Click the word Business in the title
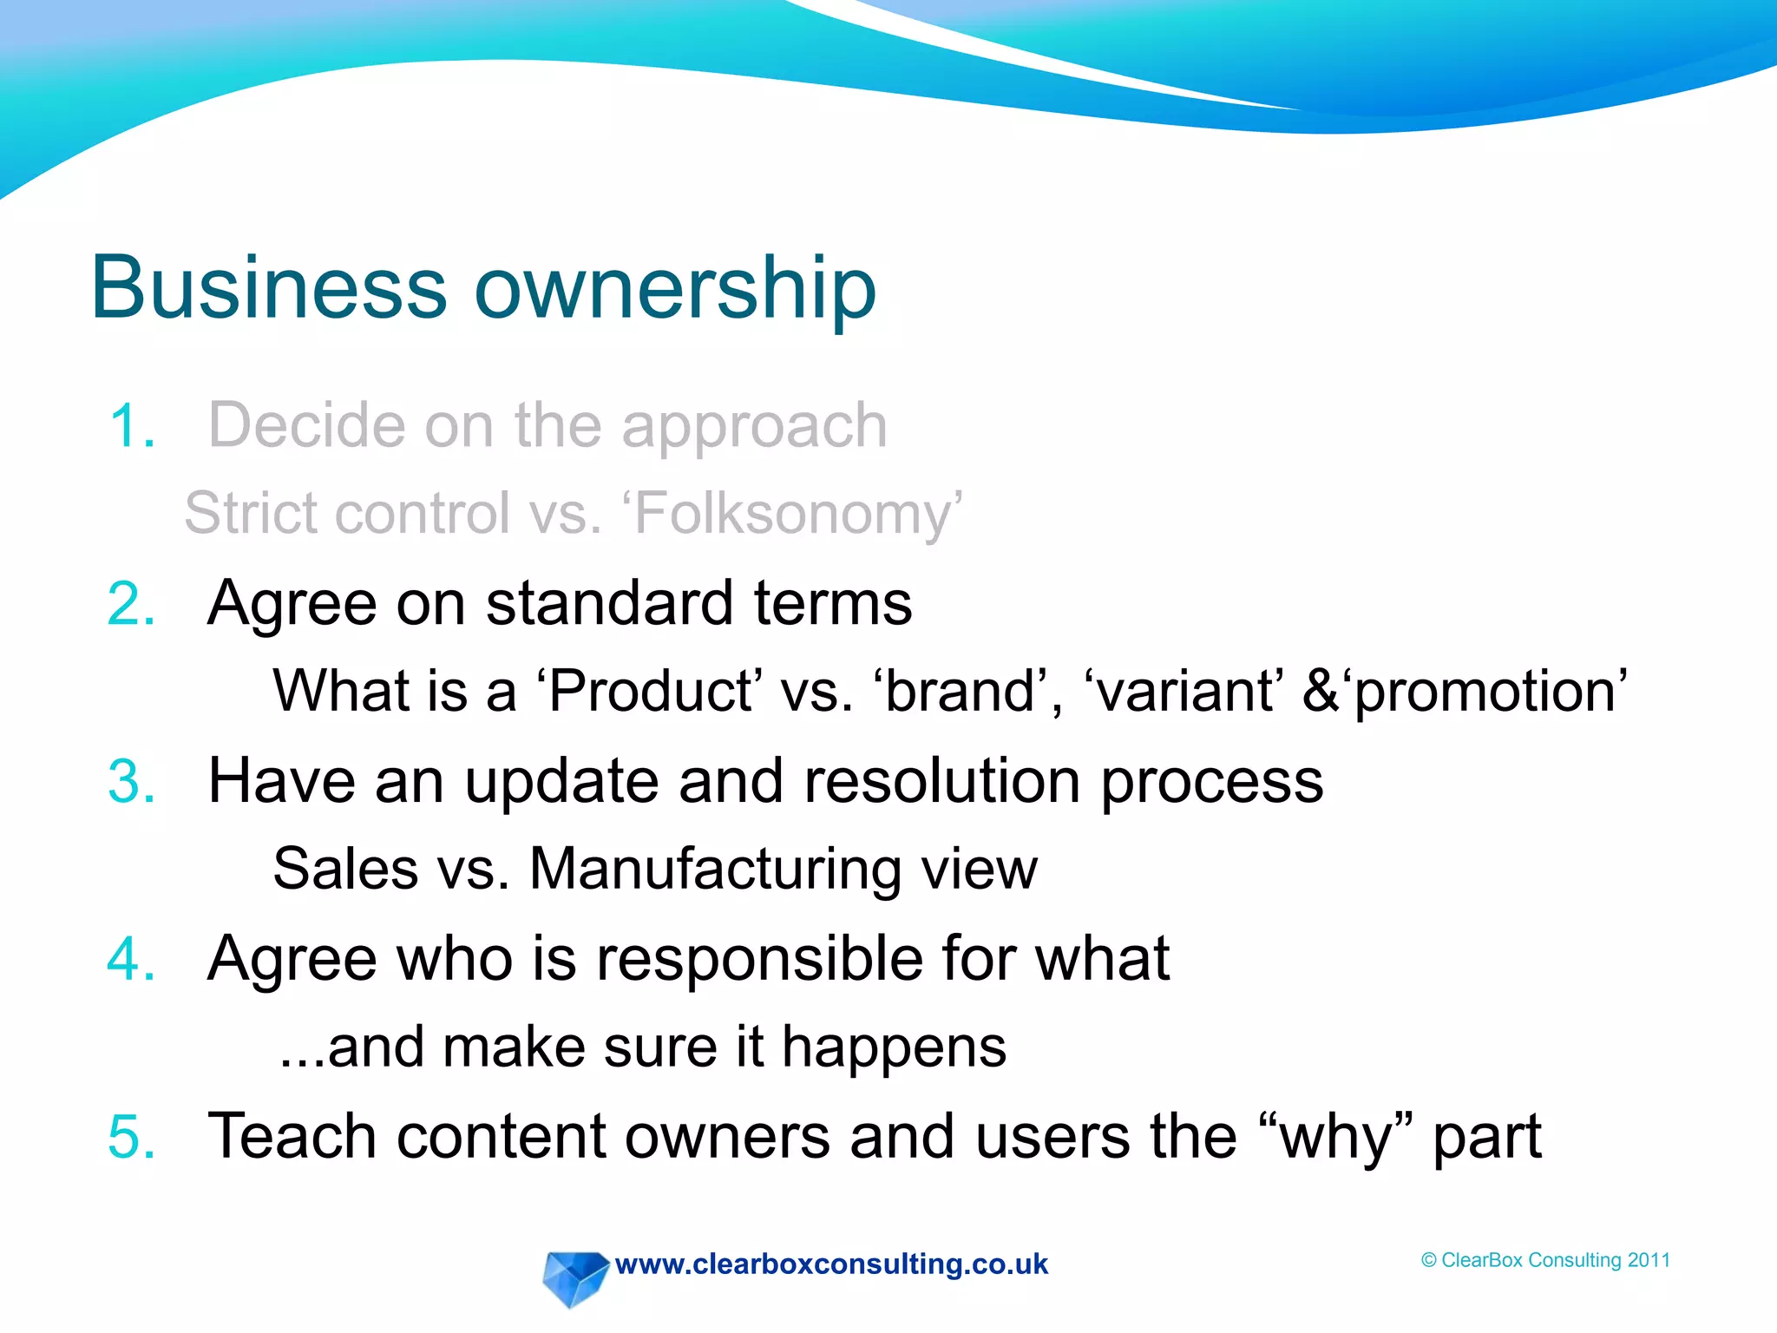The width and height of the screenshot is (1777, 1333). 269,288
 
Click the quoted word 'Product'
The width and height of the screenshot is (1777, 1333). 649,692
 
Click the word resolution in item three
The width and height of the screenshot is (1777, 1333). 942,781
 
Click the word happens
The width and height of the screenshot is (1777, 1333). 894,1048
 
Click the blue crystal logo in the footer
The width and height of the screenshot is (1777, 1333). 574,1277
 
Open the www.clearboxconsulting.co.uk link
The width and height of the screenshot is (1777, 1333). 831,1264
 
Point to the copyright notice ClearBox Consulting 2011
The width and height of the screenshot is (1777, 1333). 1545,1260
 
